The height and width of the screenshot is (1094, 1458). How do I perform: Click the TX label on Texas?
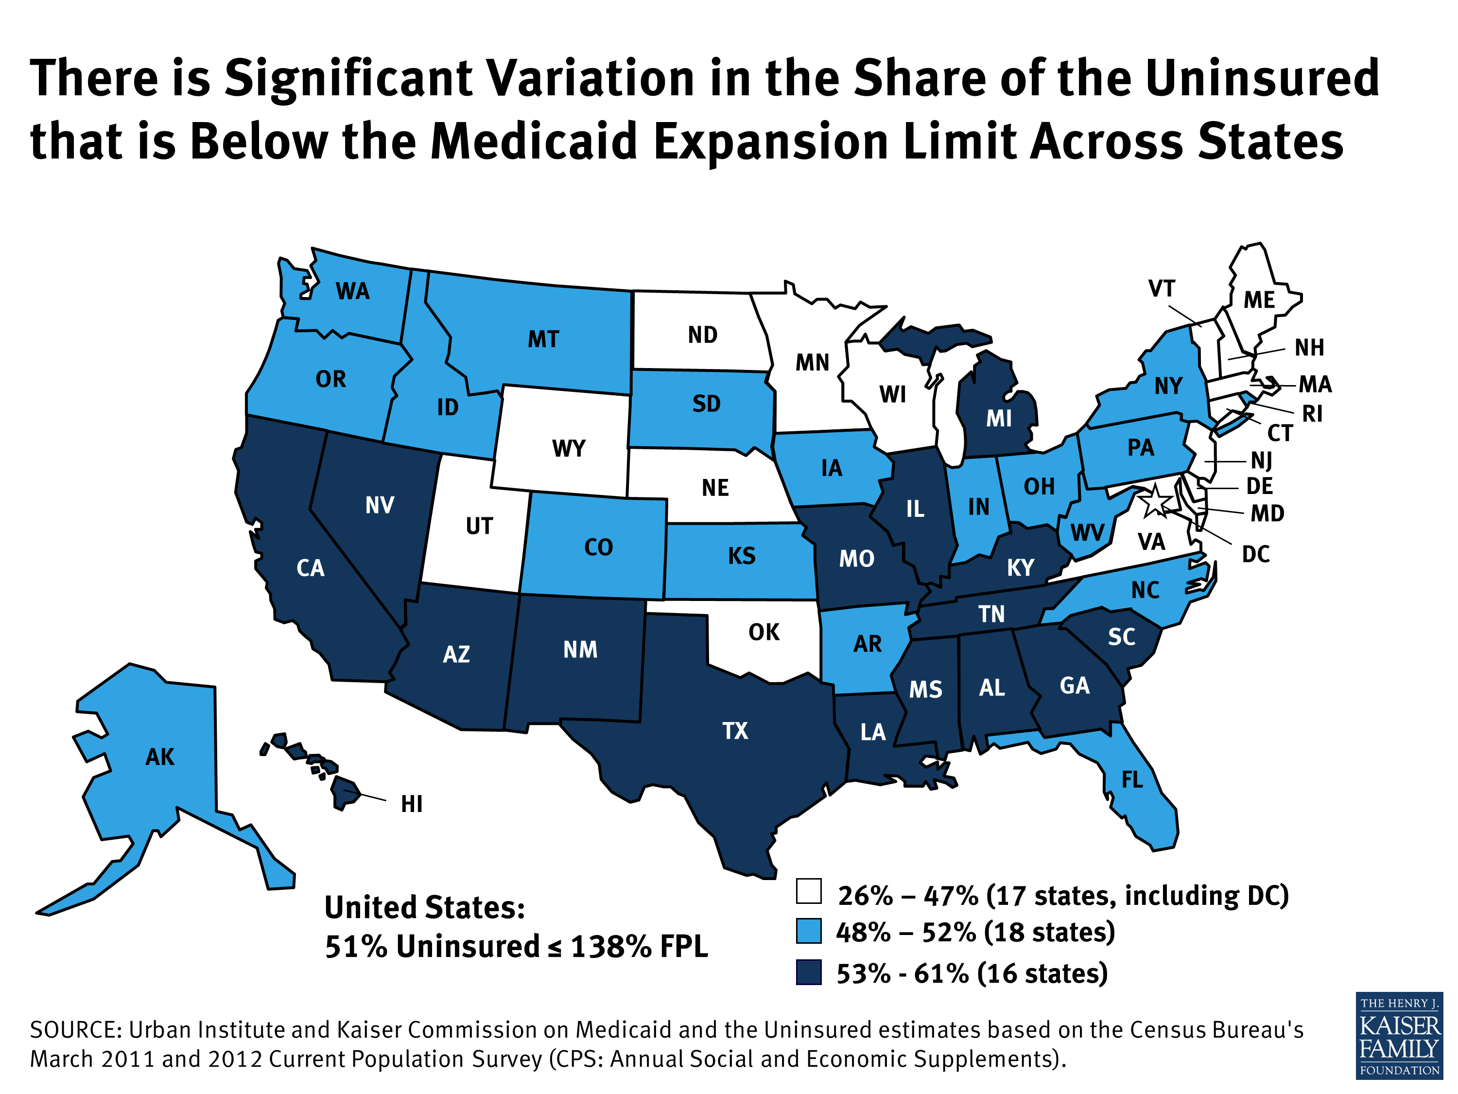coord(735,731)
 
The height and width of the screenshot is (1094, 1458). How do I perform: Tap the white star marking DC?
coord(1155,501)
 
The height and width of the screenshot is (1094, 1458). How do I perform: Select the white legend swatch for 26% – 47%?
coord(809,891)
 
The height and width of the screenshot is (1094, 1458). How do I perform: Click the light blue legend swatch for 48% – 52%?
coord(809,931)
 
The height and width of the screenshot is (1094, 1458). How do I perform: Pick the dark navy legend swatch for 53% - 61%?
coord(809,972)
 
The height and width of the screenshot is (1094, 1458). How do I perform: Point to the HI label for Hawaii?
coord(411,804)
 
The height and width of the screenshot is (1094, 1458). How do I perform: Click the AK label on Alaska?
coord(160,757)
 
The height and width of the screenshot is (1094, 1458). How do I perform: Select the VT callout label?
coord(1162,289)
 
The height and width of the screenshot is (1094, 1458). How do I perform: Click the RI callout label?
coord(1312,413)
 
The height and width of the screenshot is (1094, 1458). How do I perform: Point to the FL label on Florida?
coord(1132,780)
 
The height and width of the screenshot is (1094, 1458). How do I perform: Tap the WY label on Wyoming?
coord(568,448)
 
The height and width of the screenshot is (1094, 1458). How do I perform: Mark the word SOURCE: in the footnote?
coord(75,1030)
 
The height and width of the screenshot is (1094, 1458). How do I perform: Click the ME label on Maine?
coord(1259,300)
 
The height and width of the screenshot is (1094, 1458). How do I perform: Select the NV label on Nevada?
coord(380,506)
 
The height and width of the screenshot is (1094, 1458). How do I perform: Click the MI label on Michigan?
coord(999,419)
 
